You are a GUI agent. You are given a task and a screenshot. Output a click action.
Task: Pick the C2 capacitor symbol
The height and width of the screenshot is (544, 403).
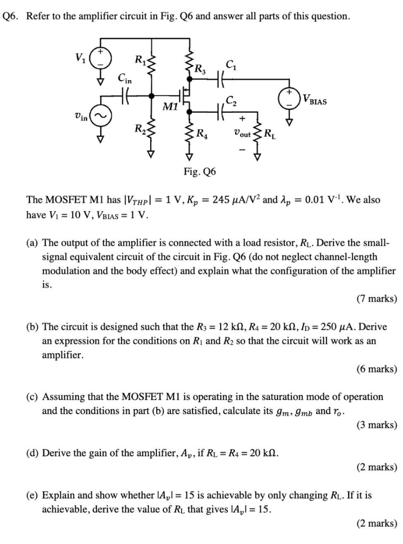pyautogui.click(x=220, y=111)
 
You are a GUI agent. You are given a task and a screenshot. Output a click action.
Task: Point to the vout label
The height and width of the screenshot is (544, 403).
pyautogui.click(x=242, y=134)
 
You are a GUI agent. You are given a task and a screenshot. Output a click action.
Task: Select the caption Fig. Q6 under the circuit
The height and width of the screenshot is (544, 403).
pyautogui.click(x=200, y=171)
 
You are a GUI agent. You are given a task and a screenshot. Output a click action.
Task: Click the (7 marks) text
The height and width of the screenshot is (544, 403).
pyautogui.click(x=376, y=299)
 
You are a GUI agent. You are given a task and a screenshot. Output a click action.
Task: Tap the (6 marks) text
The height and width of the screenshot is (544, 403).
pyautogui.click(x=376, y=369)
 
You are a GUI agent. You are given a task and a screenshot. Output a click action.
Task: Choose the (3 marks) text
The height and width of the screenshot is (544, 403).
pyautogui.click(x=376, y=425)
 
